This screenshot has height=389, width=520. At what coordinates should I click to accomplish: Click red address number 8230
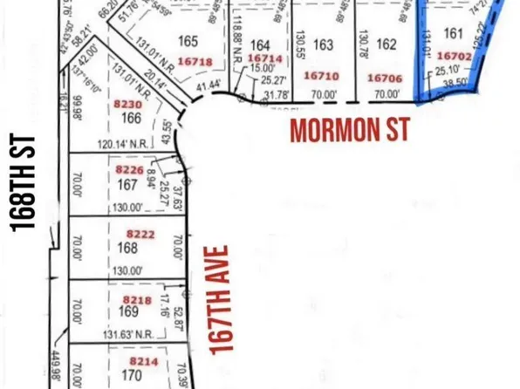[x=127, y=103]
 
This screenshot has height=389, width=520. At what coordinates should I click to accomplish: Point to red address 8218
[x=128, y=298]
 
